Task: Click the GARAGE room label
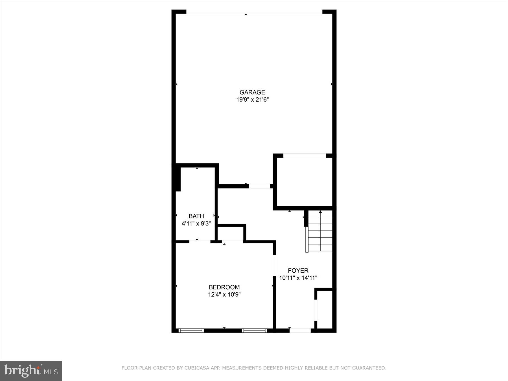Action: click(x=252, y=92)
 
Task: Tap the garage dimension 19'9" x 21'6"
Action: click(x=252, y=100)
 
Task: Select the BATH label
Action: click(x=196, y=216)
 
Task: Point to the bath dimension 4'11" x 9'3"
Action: click(x=196, y=224)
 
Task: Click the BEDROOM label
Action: click(x=224, y=287)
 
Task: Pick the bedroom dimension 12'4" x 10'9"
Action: click(x=224, y=295)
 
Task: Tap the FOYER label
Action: click(x=298, y=271)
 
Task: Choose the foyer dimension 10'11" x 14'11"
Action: click(x=298, y=278)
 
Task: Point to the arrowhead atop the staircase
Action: click(x=320, y=212)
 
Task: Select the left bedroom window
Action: click(x=191, y=330)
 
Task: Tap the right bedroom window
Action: click(x=254, y=330)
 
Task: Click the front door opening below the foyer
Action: click(x=300, y=330)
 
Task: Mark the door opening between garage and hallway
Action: click(x=259, y=186)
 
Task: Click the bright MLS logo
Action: click(x=31, y=371)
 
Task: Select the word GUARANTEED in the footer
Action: click(x=370, y=368)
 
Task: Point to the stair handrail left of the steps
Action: click(x=307, y=239)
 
